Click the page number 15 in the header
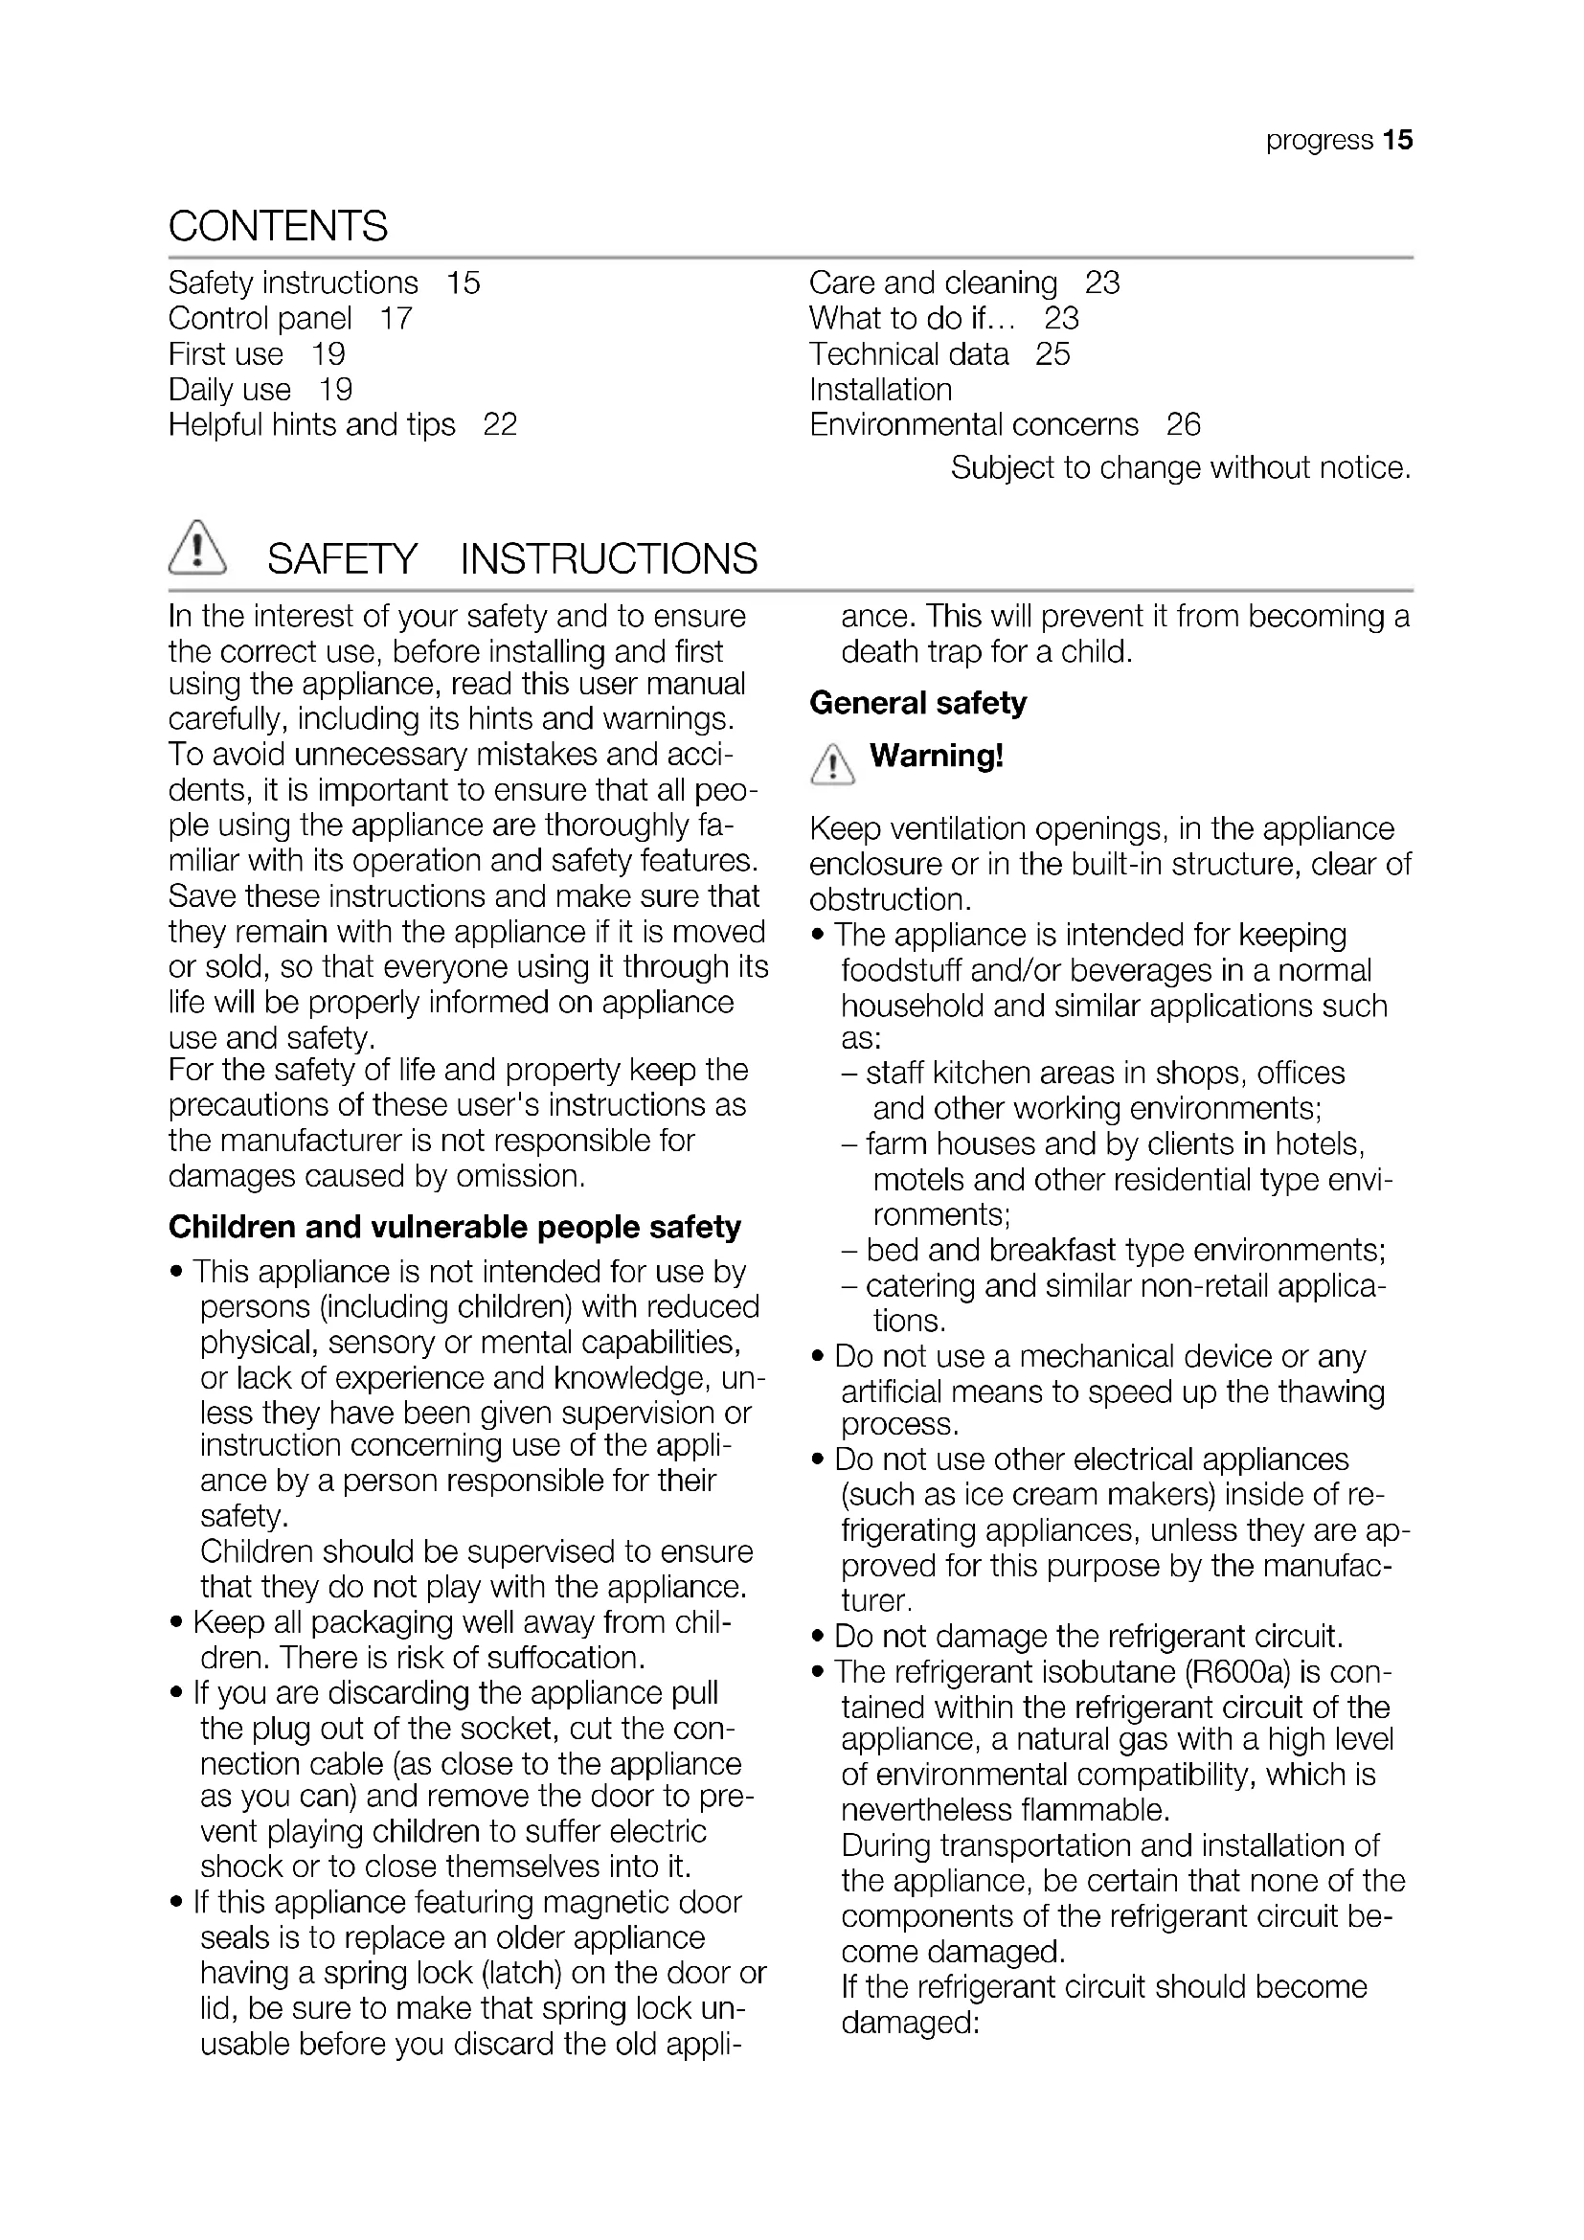[x=1396, y=141]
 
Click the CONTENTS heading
[x=278, y=226]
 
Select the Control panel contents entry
[x=260, y=318]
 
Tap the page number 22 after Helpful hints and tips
[x=499, y=424]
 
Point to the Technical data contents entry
[x=908, y=354]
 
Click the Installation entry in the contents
[x=880, y=389]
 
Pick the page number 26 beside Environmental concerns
[x=1183, y=424]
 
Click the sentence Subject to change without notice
[x=1180, y=468]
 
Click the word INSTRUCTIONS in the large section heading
[x=609, y=559]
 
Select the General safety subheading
[x=917, y=702]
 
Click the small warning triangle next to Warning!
[x=832, y=764]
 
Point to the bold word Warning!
[x=937, y=755]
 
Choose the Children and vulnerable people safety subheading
[x=455, y=1227]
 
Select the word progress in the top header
[x=1319, y=141]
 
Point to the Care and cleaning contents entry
[x=933, y=283]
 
